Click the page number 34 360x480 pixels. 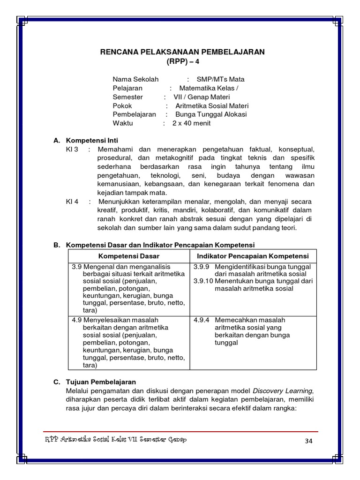307,441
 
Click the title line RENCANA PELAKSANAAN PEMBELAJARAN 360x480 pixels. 182,52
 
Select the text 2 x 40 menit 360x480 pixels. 191,123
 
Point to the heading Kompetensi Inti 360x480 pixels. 92,140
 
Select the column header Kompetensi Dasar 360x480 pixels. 129,256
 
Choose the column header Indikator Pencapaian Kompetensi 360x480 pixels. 253,256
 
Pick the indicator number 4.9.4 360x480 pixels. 202,320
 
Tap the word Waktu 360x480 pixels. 123,123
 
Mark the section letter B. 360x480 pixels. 57,245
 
